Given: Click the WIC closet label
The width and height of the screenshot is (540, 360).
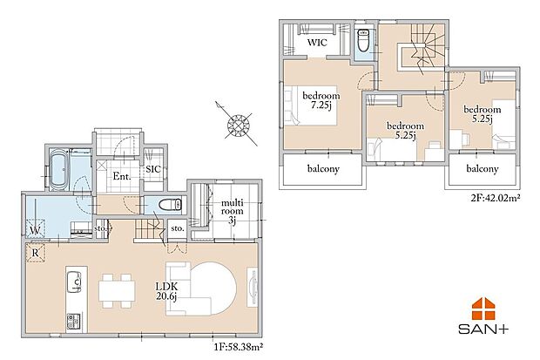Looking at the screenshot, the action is (317, 43).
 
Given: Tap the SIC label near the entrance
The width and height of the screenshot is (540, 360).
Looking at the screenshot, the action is (153, 169).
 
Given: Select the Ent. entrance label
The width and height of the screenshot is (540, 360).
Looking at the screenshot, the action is (122, 177).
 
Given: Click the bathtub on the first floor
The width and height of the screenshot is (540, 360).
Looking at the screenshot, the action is (60, 169).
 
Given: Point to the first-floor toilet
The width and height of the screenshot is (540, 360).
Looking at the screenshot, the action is (170, 205).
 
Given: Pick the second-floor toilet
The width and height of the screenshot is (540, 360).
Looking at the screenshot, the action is (364, 40).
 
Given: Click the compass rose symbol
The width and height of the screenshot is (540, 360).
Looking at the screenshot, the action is (237, 124).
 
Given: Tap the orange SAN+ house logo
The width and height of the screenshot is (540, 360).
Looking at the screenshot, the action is (483, 309).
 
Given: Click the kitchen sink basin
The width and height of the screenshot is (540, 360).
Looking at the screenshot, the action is (74, 282).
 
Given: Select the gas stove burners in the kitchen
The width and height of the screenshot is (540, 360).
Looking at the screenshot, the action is (73, 321).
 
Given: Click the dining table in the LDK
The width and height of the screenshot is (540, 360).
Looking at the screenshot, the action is (117, 291).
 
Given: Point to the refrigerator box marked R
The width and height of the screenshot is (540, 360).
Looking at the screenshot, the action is (35, 253).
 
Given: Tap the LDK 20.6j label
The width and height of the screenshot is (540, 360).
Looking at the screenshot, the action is (166, 291).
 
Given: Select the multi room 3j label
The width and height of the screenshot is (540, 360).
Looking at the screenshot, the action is (233, 211).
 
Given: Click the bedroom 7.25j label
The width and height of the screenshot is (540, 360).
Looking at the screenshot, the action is (321, 100).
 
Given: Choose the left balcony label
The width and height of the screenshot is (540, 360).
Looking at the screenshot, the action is (323, 169).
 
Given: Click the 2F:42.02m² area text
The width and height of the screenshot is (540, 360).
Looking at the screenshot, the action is (496, 198).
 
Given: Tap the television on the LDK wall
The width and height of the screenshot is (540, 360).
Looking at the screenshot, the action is (252, 288).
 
